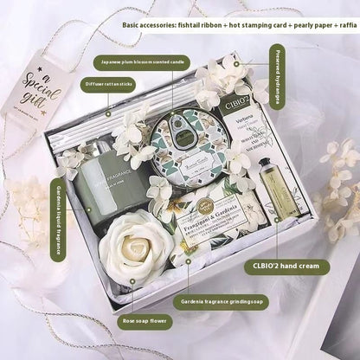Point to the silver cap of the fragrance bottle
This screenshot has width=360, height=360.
pyautogui.click(x=103, y=148)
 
